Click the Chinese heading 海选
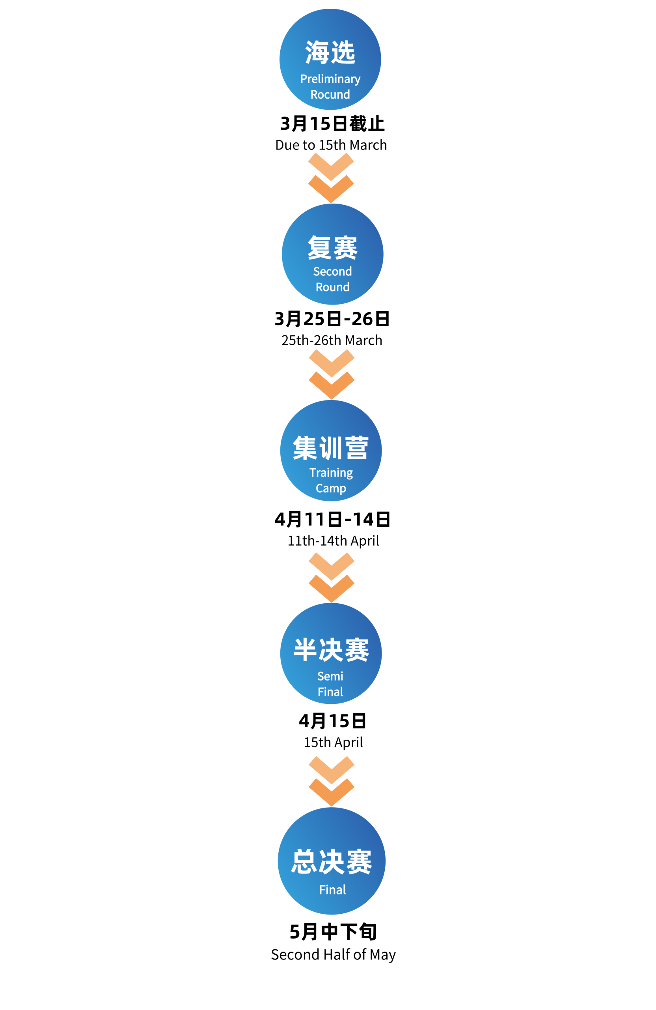(x=330, y=52)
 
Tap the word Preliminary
(x=330, y=79)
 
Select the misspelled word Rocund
(x=330, y=94)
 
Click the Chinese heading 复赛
(x=332, y=247)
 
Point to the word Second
(x=332, y=271)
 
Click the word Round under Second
(x=332, y=287)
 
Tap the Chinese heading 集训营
(x=331, y=448)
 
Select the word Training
(x=331, y=473)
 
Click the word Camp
(x=331, y=488)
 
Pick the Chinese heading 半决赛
(x=331, y=650)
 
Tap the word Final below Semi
(x=330, y=692)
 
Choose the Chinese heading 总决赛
(x=332, y=862)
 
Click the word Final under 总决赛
(x=332, y=890)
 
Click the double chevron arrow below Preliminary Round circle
(x=331, y=177)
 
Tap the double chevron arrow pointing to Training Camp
(x=332, y=374)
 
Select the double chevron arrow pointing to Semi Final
(x=332, y=577)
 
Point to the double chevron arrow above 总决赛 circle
(x=332, y=781)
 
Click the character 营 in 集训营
(x=357, y=448)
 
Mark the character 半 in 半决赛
(x=305, y=650)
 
